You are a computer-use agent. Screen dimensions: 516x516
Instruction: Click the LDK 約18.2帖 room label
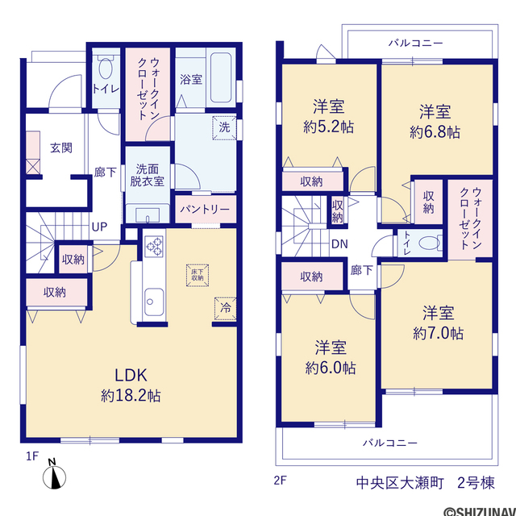tap(131, 385)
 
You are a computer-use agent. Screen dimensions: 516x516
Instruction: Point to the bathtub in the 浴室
tap(221, 78)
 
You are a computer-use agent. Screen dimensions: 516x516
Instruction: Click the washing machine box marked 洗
tap(224, 127)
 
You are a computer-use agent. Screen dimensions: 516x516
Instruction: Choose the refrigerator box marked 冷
tap(226, 309)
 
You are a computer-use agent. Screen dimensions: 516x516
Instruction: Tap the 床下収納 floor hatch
tap(198, 275)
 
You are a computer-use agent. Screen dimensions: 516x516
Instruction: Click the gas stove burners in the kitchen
tap(154, 247)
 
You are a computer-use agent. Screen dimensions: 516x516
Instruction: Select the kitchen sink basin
tap(154, 302)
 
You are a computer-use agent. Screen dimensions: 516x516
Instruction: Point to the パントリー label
tap(205, 210)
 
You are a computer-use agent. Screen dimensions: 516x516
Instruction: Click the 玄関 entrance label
tap(61, 148)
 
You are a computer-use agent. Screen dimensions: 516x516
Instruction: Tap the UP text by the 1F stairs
tap(99, 227)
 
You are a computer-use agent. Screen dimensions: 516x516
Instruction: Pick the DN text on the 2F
tap(339, 244)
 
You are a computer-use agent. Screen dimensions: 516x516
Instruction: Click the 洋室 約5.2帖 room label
tap(329, 117)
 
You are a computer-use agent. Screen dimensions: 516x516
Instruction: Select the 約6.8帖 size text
tap(435, 132)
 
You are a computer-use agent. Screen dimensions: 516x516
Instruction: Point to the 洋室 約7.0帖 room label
tap(439, 323)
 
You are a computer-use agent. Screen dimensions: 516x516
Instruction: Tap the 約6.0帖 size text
tap(331, 368)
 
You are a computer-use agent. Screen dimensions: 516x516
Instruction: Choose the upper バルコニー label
tap(416, 43)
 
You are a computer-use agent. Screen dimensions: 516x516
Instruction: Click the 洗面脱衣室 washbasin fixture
tap(148, 215)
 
